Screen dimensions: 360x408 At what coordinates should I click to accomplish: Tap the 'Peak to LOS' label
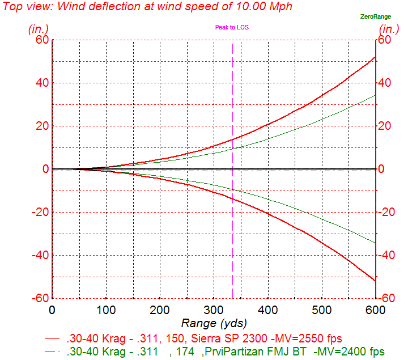(x=232, y=27)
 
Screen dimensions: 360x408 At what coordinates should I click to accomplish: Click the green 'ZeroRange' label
(x=375, y=16)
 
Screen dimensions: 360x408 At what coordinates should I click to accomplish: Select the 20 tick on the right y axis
(x=385, y=126)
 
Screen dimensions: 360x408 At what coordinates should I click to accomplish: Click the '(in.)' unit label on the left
(x=39, y=28)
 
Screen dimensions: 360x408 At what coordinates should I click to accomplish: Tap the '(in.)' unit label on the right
(x=389, y=28)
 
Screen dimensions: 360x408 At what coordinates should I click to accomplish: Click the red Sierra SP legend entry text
(x=204, y=338)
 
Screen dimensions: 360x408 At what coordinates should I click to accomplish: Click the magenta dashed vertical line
(x=232, y=170)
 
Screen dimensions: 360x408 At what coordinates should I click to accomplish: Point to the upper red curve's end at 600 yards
(x=375, y=57)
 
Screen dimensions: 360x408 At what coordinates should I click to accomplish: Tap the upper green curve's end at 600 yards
(x=375, y=95)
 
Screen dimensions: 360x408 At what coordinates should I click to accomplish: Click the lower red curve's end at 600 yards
(x=375, y=281)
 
